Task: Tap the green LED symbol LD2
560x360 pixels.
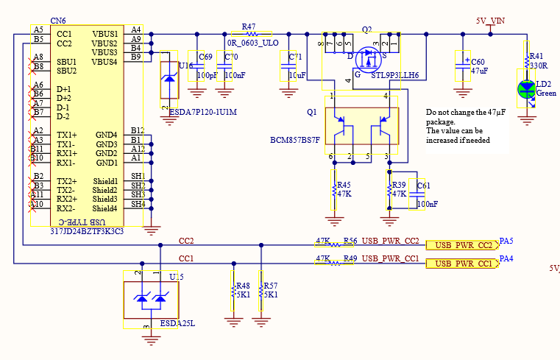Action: tap(525, 89)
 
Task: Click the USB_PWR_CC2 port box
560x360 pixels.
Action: tap(463, 245)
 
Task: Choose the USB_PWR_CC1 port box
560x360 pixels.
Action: tap(463, 264)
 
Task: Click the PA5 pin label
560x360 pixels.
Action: tap(506, 241)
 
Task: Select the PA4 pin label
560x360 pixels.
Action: tap(506, 259)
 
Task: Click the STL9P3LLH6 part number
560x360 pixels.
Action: tap(394, 75)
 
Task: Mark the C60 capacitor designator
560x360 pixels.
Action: tap(478, 63)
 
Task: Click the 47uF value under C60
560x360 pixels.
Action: tap(478, 71)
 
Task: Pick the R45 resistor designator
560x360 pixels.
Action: tap(344, 185)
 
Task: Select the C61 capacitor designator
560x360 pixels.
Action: tap(424, 186)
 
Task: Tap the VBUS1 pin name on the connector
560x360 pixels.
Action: tap(105, 34)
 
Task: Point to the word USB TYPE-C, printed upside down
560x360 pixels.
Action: tap(76, 222)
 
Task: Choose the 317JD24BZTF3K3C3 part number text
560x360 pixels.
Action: tap(87, 231)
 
